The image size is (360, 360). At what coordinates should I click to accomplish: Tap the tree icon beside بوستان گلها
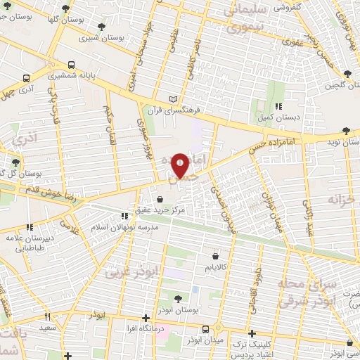(x=65, y=9)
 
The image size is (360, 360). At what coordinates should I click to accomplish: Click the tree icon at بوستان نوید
(x=345, y=131)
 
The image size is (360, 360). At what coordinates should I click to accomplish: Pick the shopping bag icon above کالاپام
(x=214, y=257)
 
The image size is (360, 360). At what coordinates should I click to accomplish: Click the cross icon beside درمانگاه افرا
(x=146, y=318)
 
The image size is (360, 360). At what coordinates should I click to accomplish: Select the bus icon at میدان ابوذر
(x=205, y=328)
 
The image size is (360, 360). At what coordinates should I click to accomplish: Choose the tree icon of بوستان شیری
(x=103, y=28)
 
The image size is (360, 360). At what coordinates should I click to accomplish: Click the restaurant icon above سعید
(x=47, y=316)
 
